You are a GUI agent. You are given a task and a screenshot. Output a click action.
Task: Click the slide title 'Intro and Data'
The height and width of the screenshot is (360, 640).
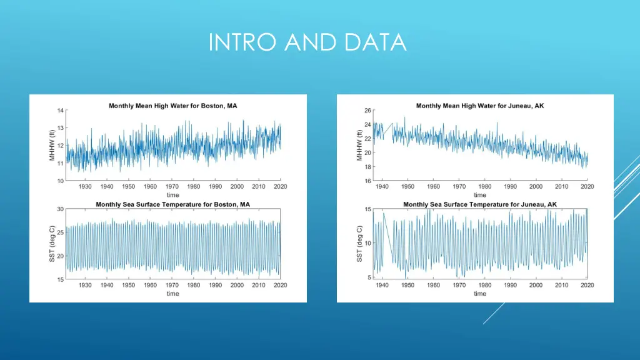click(307, 42)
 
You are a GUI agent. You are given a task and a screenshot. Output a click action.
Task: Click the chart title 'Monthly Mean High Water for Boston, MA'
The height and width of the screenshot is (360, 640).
click(172, 106)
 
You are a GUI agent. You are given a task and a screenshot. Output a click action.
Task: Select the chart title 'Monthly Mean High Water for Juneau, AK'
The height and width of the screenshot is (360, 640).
click(479, 106)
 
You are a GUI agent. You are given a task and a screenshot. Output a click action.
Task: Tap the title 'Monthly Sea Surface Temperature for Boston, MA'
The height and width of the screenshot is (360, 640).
click(172, 204)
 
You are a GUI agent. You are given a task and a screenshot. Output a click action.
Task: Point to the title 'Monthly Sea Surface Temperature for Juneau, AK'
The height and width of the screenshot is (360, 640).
click(479, 204)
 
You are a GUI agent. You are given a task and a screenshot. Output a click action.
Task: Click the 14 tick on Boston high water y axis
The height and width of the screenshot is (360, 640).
click(61, 111)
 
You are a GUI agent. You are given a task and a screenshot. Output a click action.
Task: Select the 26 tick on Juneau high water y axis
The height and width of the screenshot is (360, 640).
click(368, 111)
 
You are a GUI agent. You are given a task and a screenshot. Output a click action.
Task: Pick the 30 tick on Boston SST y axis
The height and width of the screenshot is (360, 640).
click(61, 209)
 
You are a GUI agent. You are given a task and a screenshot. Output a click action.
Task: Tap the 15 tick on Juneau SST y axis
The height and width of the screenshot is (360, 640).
click(368, 209)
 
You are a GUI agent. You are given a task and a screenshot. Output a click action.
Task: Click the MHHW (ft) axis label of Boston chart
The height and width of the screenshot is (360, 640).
click(52, 146)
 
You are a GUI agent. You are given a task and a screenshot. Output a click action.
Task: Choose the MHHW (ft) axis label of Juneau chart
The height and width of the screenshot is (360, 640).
click(360, 146)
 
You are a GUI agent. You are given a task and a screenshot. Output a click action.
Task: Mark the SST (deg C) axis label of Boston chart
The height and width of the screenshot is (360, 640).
click(52, 244)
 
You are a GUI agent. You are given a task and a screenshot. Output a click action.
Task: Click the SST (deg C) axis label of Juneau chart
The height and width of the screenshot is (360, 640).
click(360, 244)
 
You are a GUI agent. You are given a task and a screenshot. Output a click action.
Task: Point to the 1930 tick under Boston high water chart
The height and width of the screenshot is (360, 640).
click(85, 186)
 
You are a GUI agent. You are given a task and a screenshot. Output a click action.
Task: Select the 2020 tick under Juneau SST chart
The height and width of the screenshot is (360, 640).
click(587, 285)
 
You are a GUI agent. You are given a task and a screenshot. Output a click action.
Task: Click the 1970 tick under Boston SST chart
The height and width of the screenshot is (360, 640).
click(172, 285)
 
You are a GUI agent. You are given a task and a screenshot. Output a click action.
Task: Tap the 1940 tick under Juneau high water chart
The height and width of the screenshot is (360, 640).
click(382, 186)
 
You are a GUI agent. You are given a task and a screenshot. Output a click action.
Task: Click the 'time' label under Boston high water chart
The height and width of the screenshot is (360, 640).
click(172, 195)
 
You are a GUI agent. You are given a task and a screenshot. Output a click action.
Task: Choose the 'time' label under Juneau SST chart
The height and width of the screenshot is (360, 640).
click(479, 294)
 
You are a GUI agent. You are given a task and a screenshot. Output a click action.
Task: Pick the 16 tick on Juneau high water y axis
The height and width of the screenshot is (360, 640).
click(368, 181)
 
